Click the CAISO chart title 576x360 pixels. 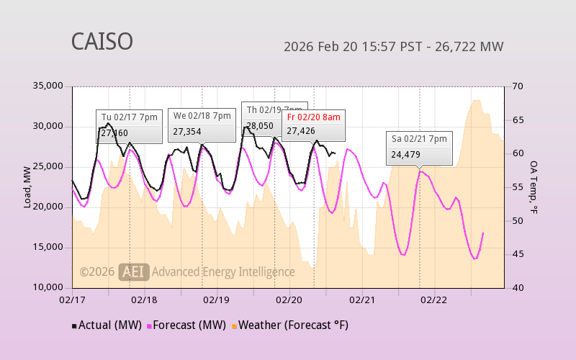(x=102, y=41)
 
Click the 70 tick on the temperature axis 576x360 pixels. (x=517, y=86)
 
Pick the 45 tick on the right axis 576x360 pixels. (x=517, y=254)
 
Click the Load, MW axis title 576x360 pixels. (x=27, y=187)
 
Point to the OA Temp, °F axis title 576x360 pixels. (x=534, y=187)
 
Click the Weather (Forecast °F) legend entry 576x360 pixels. (x=290, y=325)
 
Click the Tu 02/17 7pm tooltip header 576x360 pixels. (x=129, y=117)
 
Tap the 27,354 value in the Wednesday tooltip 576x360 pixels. (x=187, y=132)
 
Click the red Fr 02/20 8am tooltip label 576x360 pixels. (x=313, y=117)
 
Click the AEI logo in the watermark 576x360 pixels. (x=134, y=271)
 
